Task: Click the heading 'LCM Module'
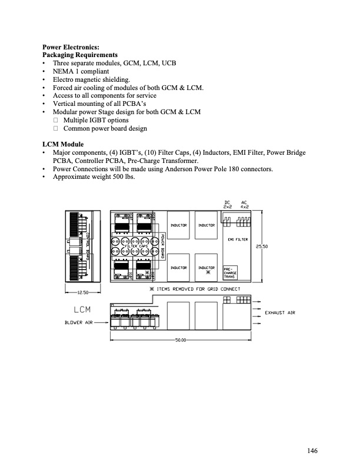point(63,144)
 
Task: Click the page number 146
point(312,451)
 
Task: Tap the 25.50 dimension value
point(261,247)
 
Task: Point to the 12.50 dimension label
point(83,292)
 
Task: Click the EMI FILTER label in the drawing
point(238,240)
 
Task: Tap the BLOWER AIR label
point(78,323)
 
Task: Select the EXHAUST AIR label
point(279,312)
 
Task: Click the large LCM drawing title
point(82,309)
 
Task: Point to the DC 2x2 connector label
point(228,205)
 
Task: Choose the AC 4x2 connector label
point(244,205)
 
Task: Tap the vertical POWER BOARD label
point(162,247)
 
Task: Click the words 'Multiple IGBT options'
point(95,120)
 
